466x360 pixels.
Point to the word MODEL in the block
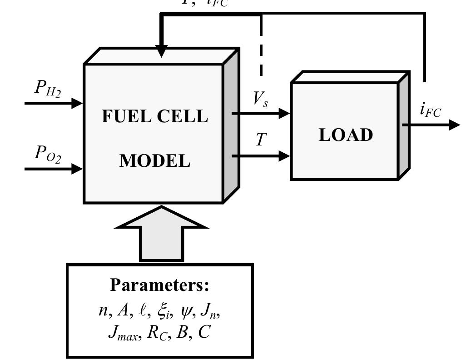(154, 161)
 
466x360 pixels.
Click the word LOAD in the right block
(346, 135)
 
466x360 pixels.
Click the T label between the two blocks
(260, 139)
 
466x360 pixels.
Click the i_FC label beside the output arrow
(430, 110)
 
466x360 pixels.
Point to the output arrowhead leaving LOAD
(454, 125)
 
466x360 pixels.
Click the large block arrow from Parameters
(162, 234)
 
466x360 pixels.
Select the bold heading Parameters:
(159, 285)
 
